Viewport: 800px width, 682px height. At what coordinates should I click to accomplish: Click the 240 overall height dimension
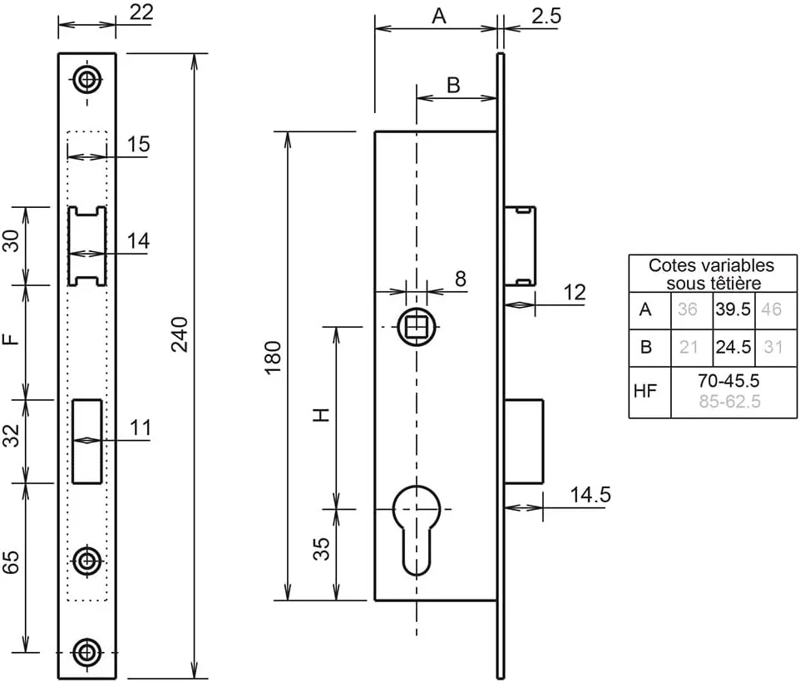click(180, 334)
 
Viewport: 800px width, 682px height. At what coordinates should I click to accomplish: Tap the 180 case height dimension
click(274, 358)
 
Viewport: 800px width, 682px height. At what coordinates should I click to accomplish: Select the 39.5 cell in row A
click(733, 309)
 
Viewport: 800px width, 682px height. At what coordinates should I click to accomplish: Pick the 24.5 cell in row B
click(733, 348)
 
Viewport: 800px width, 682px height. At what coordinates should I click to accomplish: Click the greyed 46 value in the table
click(771, 309)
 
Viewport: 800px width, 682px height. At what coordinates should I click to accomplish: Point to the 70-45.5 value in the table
click(728, 381)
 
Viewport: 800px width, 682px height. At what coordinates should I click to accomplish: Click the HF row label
click(644, 391)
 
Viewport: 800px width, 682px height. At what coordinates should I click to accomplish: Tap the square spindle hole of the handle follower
click(417, 327)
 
